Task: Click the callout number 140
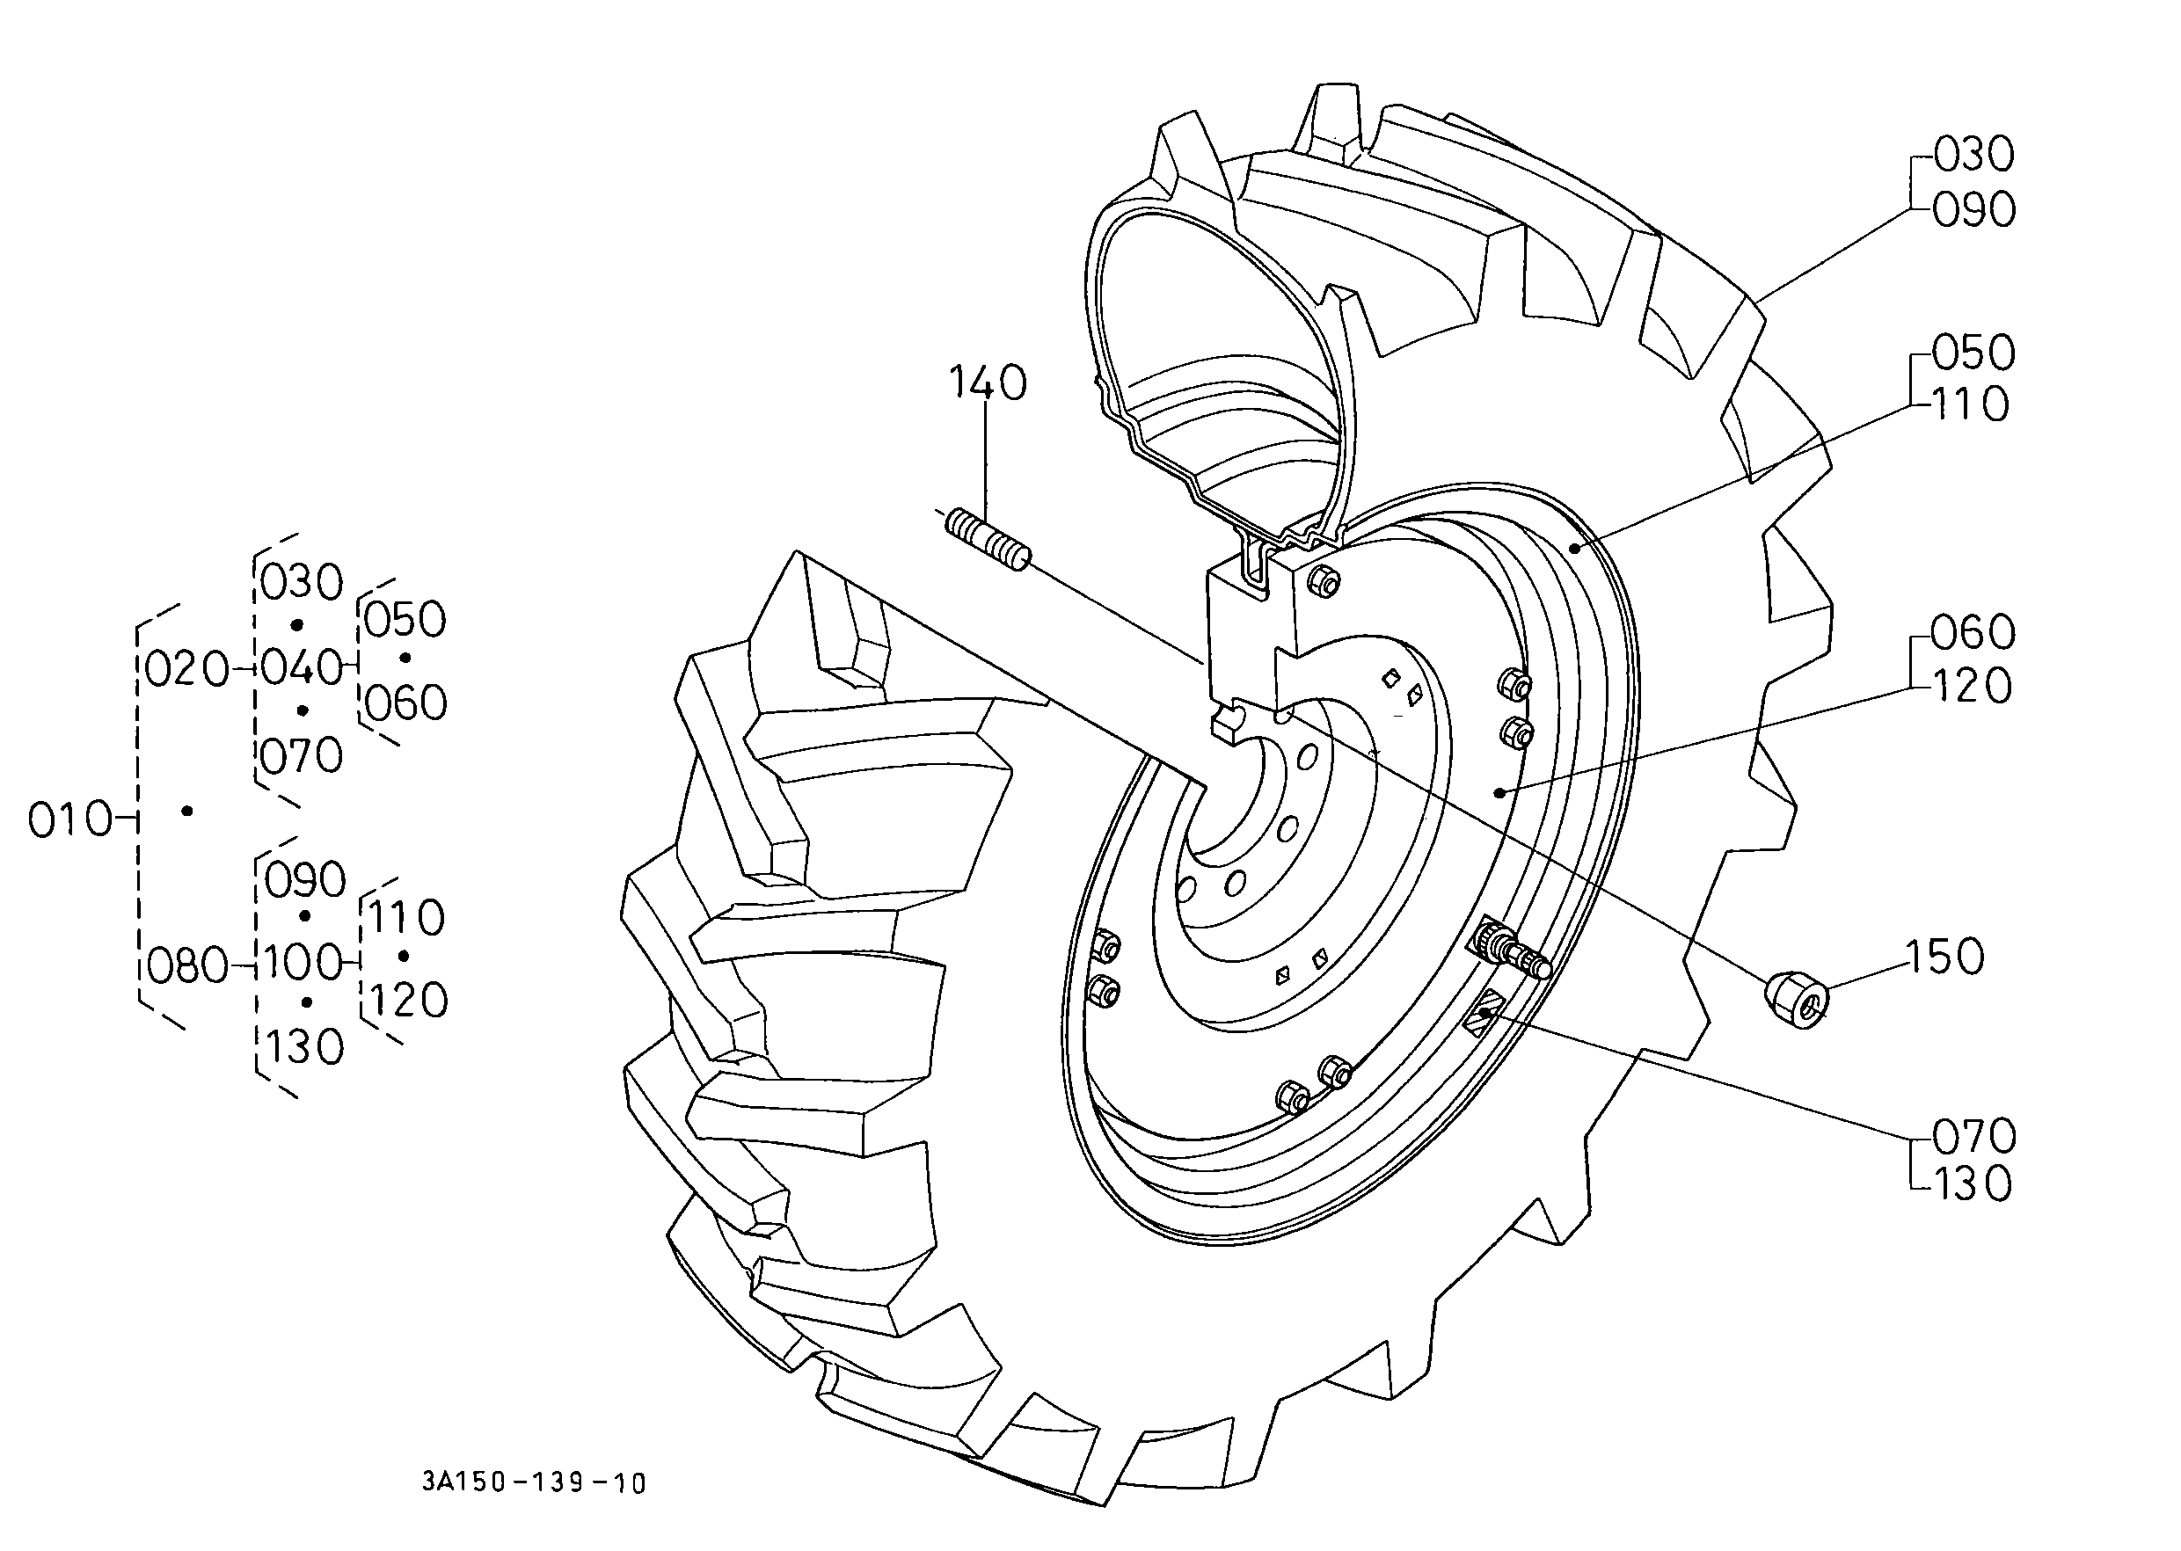point(988,383)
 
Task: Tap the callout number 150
point(1945,957)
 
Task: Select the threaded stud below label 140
point(988,542)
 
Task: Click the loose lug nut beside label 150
point(1796,1000)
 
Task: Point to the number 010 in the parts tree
point(69,819)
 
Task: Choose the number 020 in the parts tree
point(188,671)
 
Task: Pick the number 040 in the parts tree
point(301,666)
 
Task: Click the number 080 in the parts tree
point(187,967)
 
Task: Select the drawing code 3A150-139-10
point(534,1483)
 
